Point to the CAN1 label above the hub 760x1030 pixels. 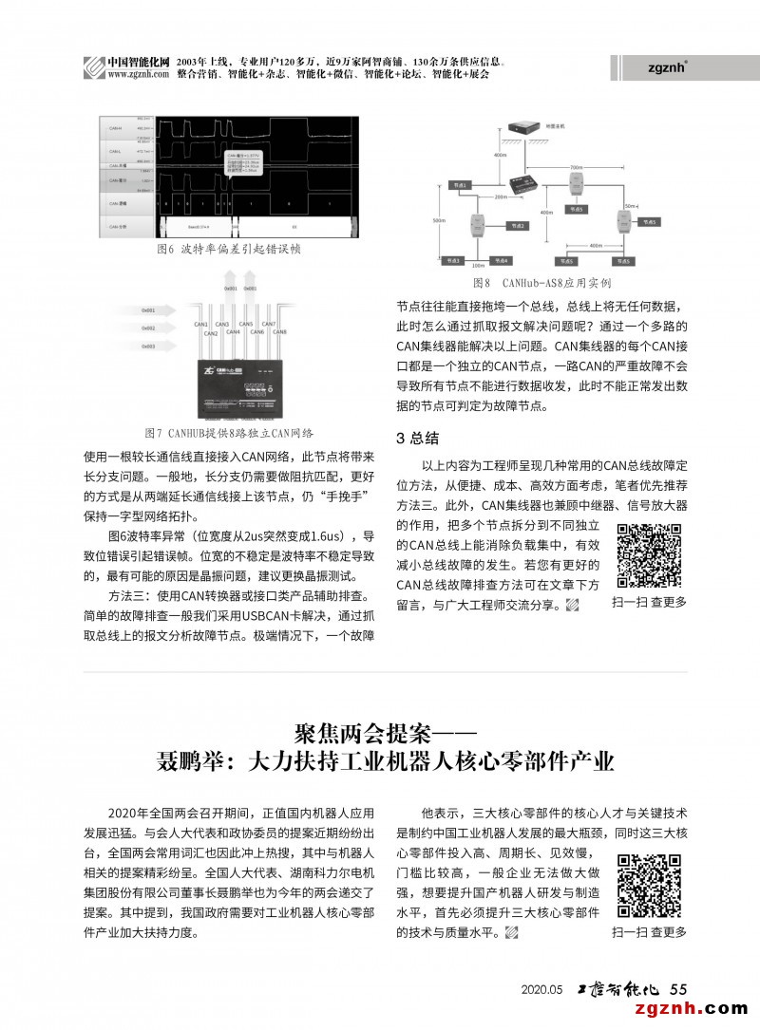pyautogui.click(x=201, y=325)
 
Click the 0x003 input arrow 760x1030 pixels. pyautogui.click(x=156, y=347)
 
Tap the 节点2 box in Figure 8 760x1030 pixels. pyautogui.click(x=517, y=226)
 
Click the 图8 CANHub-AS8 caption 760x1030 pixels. pyautogui.click(x=541, y=283)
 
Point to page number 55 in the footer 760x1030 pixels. pyautogui.click(x=678, y=988)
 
